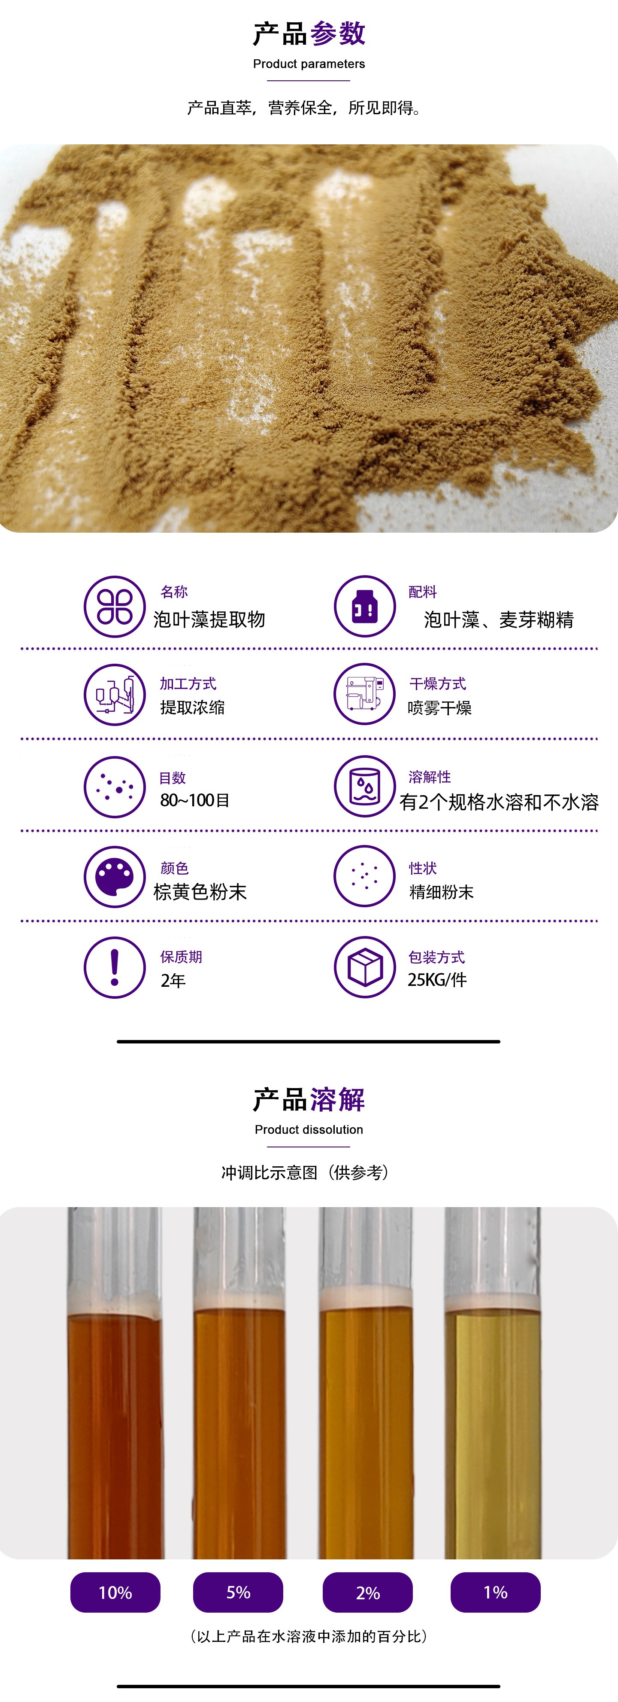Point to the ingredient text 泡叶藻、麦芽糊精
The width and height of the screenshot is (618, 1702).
pyautogui.click(x=499, y=620)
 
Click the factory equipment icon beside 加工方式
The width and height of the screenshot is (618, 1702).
pyautogui.click(x=114, y=694)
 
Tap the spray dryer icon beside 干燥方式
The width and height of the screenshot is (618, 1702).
pyautogui.click(x=364, y=694)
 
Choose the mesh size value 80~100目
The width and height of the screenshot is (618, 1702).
pyautogui.click(x=195, y=800)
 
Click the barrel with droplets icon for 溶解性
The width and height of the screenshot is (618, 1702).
pyautogui.click(x=364, y=786)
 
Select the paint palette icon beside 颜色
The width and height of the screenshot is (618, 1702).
pyautogui.click(x=114, y=877)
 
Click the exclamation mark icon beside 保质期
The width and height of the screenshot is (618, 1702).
pyautogui.click(x=114, y=967)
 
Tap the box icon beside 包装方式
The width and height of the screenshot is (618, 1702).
pyautogui.click(x=364, y=967)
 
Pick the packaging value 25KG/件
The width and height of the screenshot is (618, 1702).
pyautogui.click(x=437, y=980)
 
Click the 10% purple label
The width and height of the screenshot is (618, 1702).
pyautogui.click(x=115, y=1592)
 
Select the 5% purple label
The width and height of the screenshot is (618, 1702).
pyautogui.click(x=238, y=1592)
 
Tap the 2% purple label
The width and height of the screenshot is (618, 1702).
pyautogui.click(x=368, y=1592)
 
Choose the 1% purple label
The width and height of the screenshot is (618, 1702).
pyautogui.click(x=495, y=1592)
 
